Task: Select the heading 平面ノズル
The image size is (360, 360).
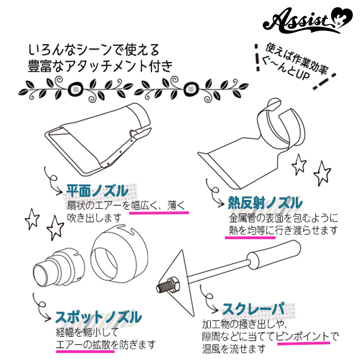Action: [x=97, y=190]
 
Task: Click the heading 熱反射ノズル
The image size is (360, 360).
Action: [x=265, y=203]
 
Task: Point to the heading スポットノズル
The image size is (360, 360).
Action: [x=99, y=317]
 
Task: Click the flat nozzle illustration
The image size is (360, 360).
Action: [x=98, y=139]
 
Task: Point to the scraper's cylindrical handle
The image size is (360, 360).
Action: [x=274, y=253]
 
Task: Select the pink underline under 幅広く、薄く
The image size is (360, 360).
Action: [x=159, y=213]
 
